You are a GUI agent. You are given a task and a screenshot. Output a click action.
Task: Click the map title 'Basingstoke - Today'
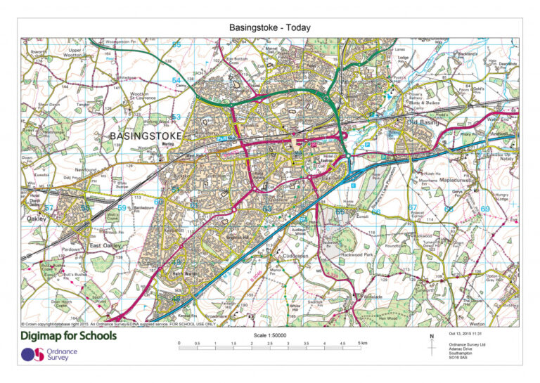(269, 27)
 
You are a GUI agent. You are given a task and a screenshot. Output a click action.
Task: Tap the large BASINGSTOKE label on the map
(146, 135)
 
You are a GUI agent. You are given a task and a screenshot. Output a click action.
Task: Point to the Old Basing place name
(423, 122)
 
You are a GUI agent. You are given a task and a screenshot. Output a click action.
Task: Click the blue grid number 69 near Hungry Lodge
(484, 209)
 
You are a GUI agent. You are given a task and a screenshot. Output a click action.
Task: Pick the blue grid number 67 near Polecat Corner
(413, 208)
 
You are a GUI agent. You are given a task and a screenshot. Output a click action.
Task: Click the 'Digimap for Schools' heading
(69, 336)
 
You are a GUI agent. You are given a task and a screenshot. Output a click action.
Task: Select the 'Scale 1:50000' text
(270, 336)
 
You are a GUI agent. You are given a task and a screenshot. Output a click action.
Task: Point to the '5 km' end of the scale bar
(361, 344)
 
